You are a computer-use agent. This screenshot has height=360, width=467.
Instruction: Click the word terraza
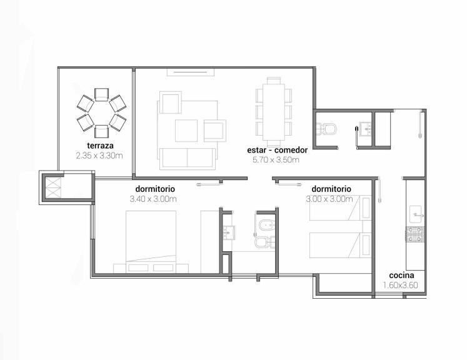coord(101,146)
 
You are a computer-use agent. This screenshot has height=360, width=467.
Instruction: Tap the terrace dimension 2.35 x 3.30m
coord(99,156)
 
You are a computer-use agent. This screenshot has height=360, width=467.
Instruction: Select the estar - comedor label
coord(278,150)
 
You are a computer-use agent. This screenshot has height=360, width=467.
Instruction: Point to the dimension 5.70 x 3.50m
coord(276,160)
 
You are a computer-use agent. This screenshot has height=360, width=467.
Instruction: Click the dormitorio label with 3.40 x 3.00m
coord(155,189)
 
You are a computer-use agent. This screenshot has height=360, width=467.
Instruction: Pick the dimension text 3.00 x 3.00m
coord(329,199)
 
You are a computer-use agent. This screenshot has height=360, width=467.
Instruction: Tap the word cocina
coord(401,276)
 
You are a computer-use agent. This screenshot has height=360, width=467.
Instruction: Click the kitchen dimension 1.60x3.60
coord(400,285)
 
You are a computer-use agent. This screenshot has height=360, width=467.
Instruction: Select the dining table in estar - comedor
coord(273,112)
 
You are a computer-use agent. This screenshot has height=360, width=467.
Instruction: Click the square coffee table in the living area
coord(186,131)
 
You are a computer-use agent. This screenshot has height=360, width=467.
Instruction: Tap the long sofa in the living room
coord(188,159)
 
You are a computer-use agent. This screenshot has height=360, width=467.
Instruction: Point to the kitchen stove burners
coord(415,234)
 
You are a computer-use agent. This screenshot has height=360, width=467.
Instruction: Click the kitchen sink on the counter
coord(416,214)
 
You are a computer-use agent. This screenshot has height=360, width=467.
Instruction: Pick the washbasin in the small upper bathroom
coord(365,129)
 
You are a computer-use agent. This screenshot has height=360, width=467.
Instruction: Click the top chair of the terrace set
coord(101,95)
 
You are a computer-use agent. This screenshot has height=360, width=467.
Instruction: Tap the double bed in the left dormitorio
coord(151,241)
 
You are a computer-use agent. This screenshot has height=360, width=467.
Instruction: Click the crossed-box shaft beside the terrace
coord(53,188)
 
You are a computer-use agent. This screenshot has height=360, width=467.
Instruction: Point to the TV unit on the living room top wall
coord(191,72)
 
